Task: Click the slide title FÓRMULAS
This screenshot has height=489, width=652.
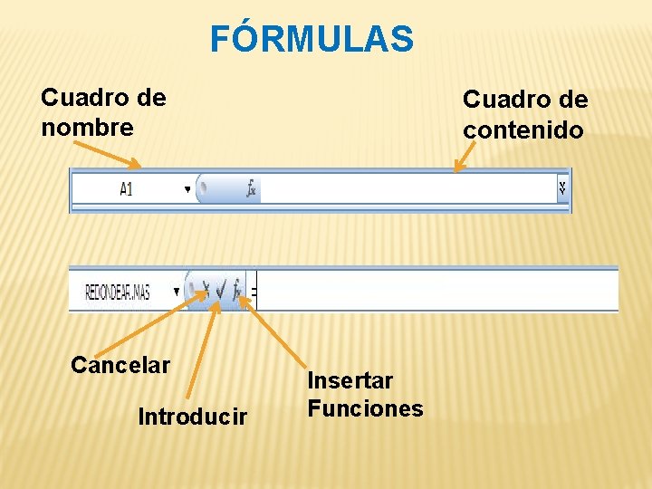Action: tap(312, 39)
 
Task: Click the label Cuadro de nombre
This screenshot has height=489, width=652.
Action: tap(103, 112)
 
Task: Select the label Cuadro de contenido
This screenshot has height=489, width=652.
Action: tap(524, 114)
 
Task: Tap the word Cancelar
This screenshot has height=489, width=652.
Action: tap(120, 365)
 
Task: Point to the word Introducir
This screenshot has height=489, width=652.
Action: tap(192, 417)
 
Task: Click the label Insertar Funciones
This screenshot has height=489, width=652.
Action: tap(365, 395)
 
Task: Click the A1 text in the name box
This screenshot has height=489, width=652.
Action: tap(126, 189)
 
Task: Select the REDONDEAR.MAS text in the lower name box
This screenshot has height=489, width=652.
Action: tap(118, 292)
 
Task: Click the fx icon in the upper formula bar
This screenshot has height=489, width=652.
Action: tap(251, 189)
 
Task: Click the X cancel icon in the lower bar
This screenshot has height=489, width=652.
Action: tap(206, 291)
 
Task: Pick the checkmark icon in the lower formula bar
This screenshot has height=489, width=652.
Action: tap(221, 291)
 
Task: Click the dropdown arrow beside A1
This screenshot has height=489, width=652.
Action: tap(187, 189)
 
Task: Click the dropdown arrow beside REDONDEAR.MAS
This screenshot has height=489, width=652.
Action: tap(172, 292)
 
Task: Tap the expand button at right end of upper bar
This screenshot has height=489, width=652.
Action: tap(562, 188)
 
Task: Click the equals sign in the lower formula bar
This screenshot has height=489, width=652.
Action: tap(254, 292)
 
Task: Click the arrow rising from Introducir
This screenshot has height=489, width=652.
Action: tap(201, 353)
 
